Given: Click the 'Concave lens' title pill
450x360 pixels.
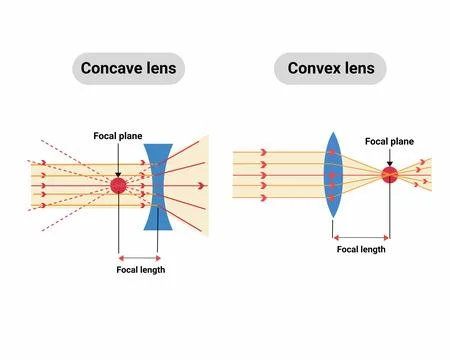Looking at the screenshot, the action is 128,69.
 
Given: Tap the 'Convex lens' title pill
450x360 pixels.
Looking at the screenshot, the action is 330,69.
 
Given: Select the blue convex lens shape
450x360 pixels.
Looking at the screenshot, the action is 334,176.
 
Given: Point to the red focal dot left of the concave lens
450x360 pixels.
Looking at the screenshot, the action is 118,185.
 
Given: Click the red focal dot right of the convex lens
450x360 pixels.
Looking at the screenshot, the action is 389,176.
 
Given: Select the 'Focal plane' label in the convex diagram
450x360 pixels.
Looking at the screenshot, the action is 389,142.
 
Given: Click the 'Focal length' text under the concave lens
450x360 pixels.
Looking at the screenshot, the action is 141,270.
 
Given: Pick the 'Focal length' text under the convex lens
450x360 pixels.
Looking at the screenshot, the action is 360,249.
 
